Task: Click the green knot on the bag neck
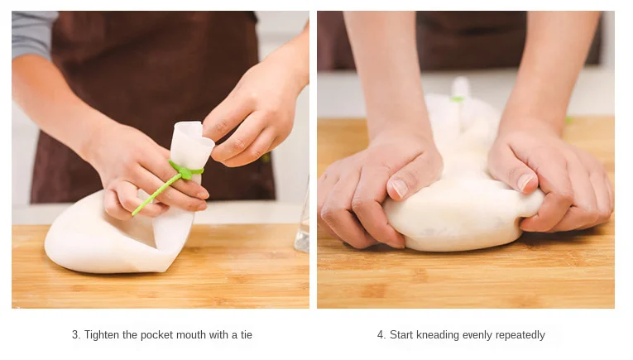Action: [x=185, y=172]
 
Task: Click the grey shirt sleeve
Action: [x=33, y=34]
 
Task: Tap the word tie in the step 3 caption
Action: [x=247, y=334]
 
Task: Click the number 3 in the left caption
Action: [x=75, y=335]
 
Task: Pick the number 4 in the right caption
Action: [x=381, y=335]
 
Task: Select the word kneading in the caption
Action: [x=438, y=335]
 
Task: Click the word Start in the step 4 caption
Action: [x=401, y=335]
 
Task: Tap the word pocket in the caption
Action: [x=156, y=335]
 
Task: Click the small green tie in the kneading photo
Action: [x=458, y=98]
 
